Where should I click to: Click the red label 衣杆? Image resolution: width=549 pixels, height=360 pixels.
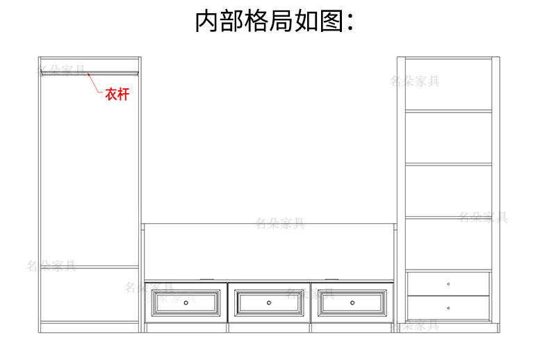pyautogui.click(x=117, y=95)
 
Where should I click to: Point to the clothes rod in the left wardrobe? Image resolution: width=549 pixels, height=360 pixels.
pyautogui.click(x=89, y=71)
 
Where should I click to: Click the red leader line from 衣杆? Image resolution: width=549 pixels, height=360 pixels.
pyautogui.click(x=95, y=83)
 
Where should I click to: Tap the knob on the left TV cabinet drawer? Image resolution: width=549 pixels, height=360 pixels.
pyautogui.click(x=186, y=302)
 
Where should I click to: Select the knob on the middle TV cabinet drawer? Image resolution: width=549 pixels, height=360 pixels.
pyautogui.click(x=269, y=302)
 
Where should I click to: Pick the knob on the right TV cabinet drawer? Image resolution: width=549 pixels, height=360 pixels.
pyautogui.click(x=352, y=302)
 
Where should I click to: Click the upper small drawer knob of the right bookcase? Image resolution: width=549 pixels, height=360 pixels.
pyautogui.click(x=448, y=284)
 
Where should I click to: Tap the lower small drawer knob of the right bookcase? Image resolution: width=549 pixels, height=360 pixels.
pyautogui.click(x=448, y=308)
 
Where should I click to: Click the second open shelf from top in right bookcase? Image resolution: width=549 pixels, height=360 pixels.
pyautogui.click(x=448, y=138)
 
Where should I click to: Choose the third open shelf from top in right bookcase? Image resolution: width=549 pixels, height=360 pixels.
pyautogui.click(x=448, y=191)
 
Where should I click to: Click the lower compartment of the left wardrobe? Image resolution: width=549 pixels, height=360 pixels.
pyautogui.click(x=89, y=294)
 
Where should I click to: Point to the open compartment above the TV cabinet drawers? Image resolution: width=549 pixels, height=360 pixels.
pyautogui.click(x=269, y=252)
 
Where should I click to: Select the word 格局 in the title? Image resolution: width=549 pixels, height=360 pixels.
pyautogui.click(x=270, y=22)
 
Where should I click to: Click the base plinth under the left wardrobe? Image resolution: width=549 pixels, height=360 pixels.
pyautogui.click(x=89, y=327)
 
